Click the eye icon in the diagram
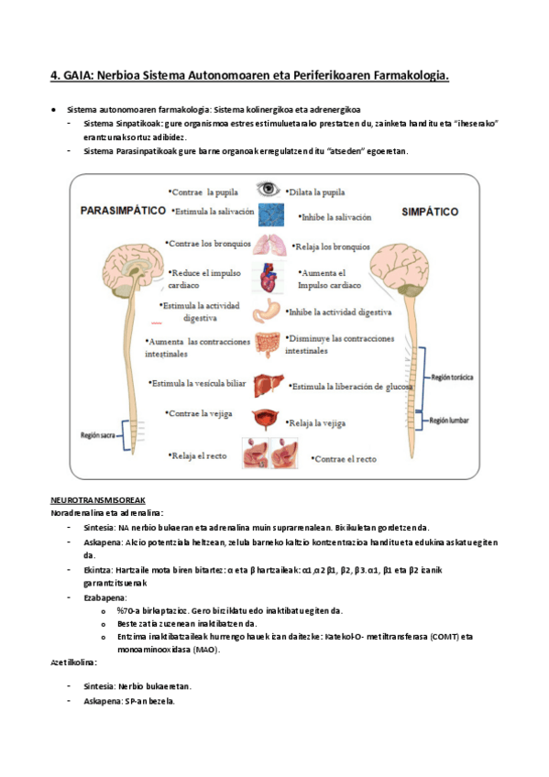[268, 190]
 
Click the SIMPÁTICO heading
[430, 212]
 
